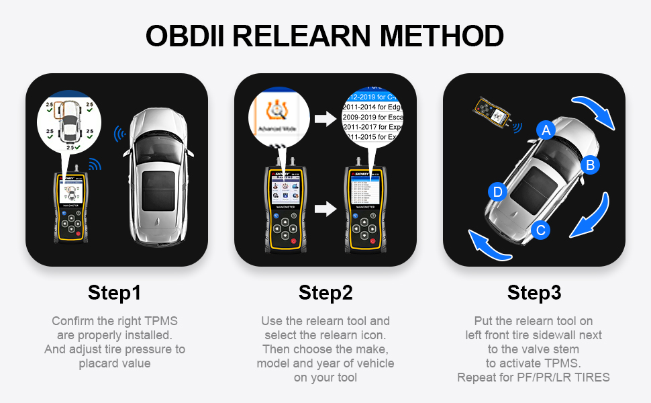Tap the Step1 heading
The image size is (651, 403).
click(x=115, y=293)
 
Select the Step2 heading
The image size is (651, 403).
click(x=325, y=293)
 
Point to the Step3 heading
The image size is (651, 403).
click(x=534, y=293)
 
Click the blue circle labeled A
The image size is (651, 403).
click(x=546, y=130)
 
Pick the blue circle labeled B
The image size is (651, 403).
click(x=590, y=165)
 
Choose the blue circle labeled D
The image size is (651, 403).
click(x=497, y=192)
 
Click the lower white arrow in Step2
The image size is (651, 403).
click(x=324, y=209)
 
